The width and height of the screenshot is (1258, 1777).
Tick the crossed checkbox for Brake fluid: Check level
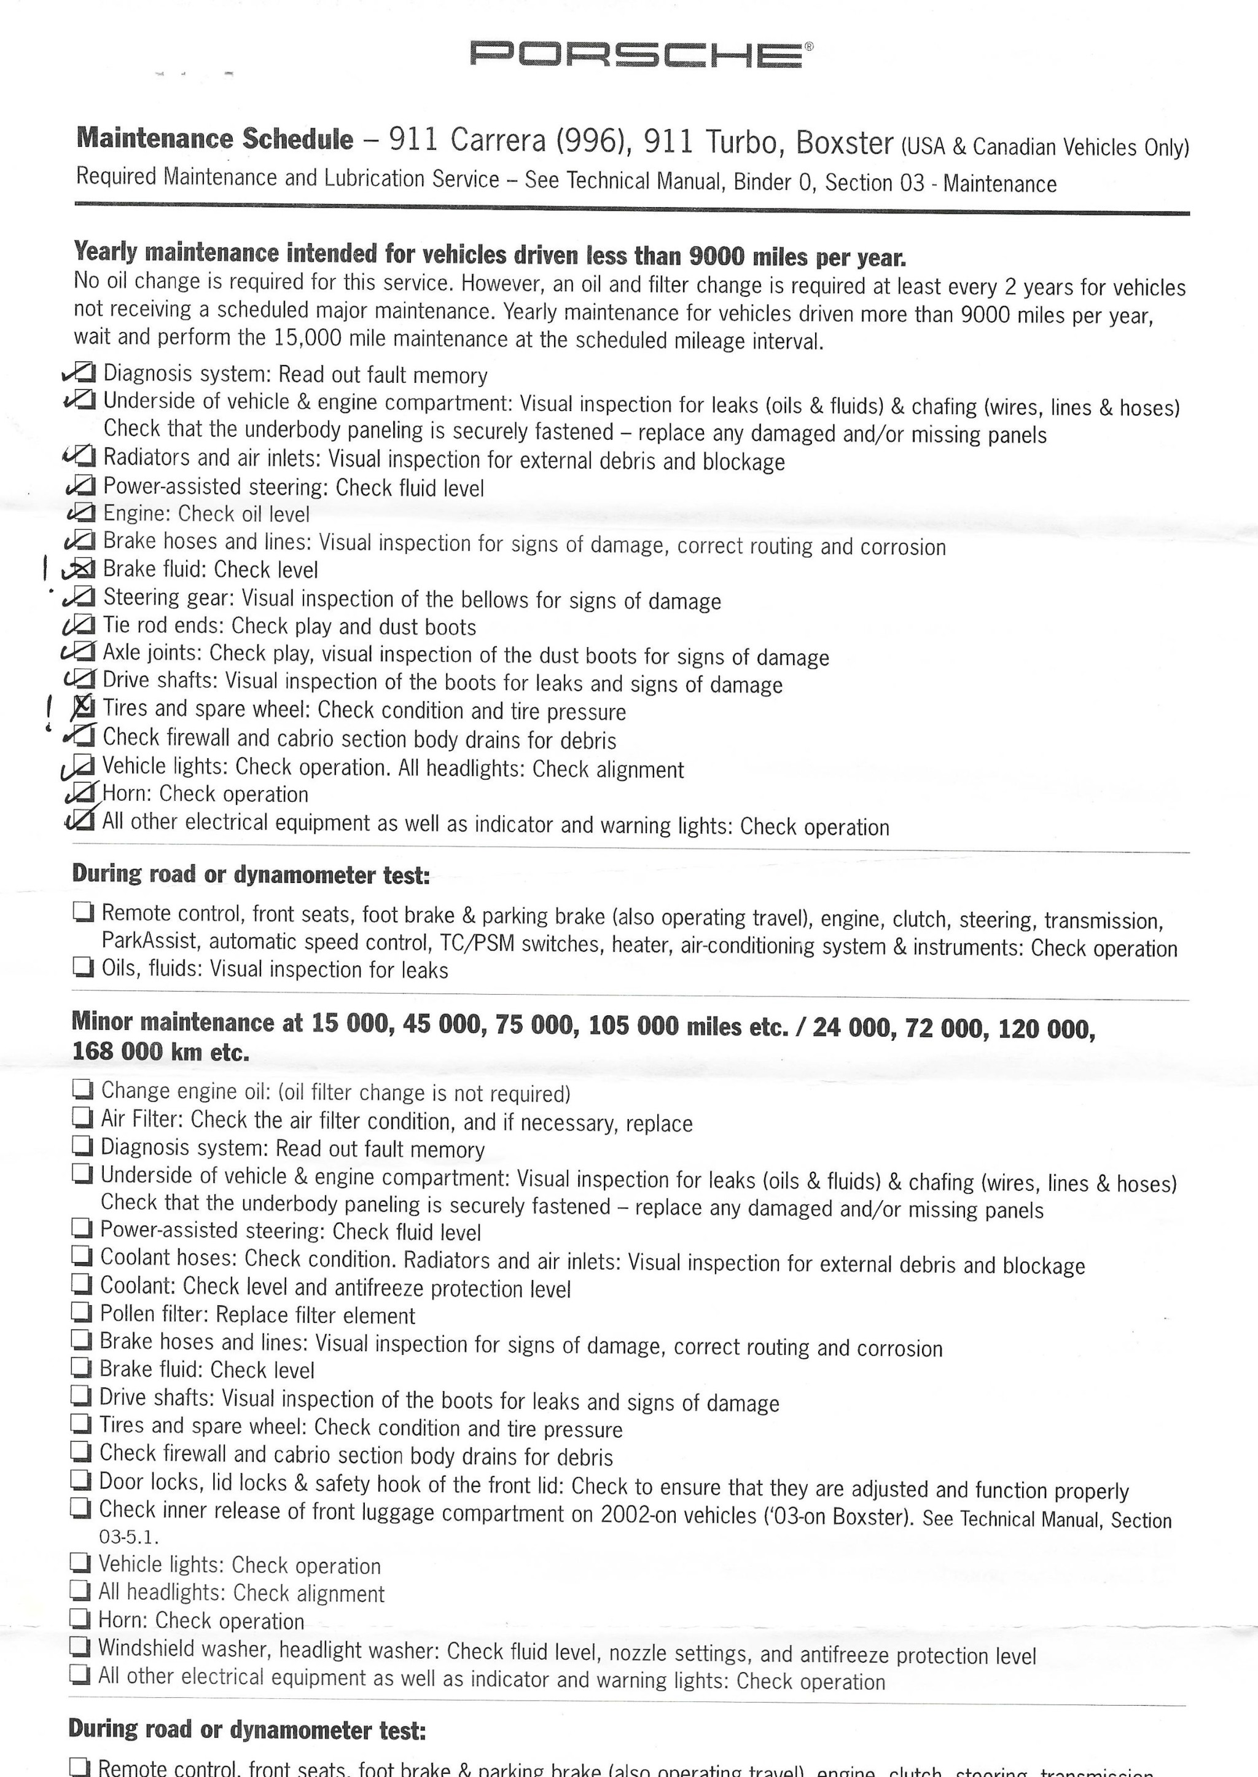[x=85, y=569]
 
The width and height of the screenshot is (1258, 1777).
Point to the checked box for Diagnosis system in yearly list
[x=86, y=373]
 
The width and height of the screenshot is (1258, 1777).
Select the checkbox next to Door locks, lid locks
[x=80, y=1480]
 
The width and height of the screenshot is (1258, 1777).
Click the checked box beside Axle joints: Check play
[x=85, y=652]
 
